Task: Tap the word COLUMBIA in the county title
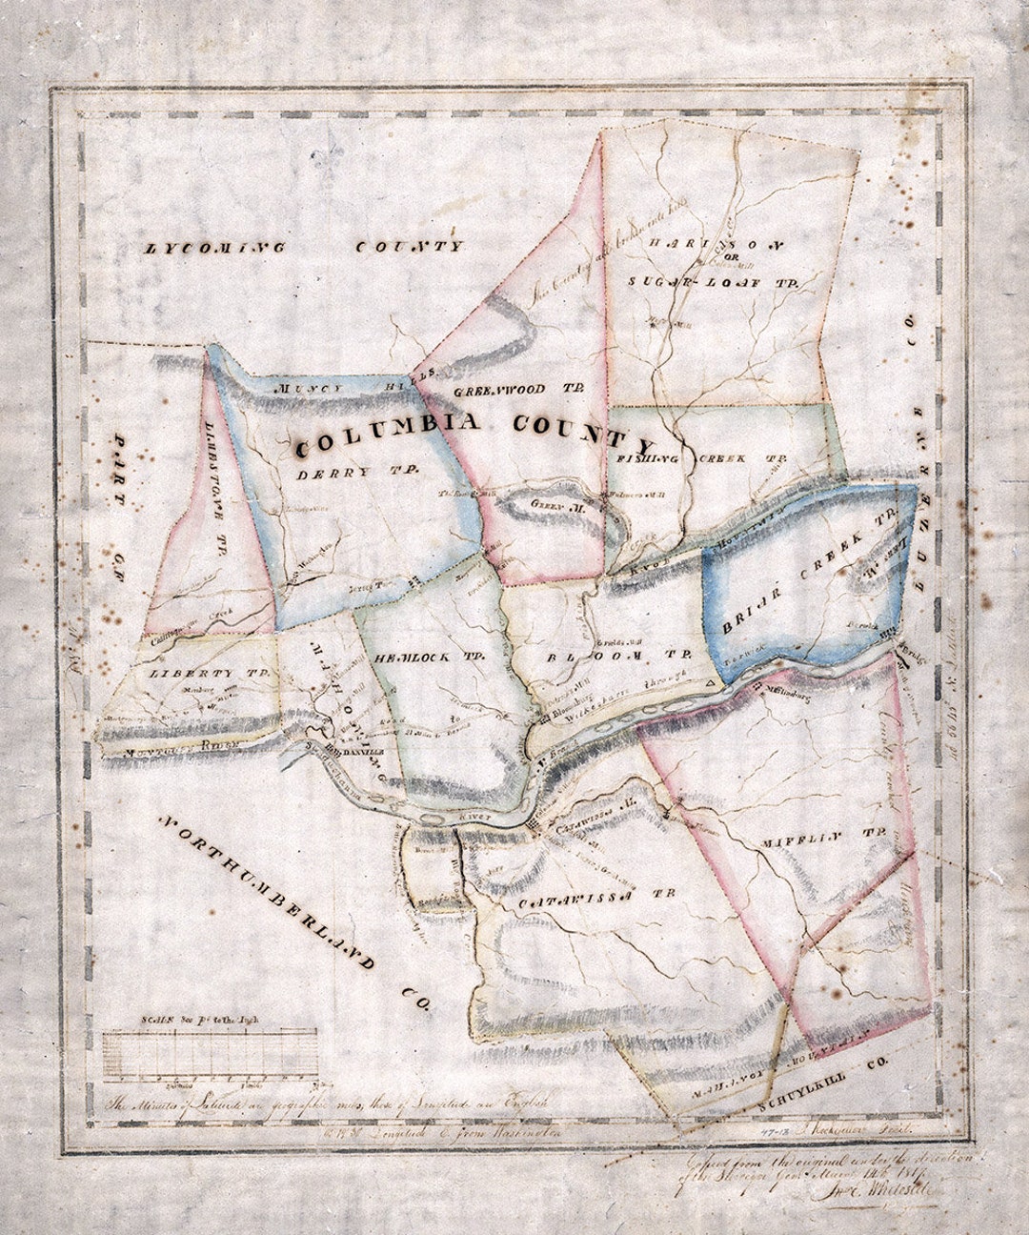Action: [x=386, y=436]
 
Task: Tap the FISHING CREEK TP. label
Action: [x=699, y=458]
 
